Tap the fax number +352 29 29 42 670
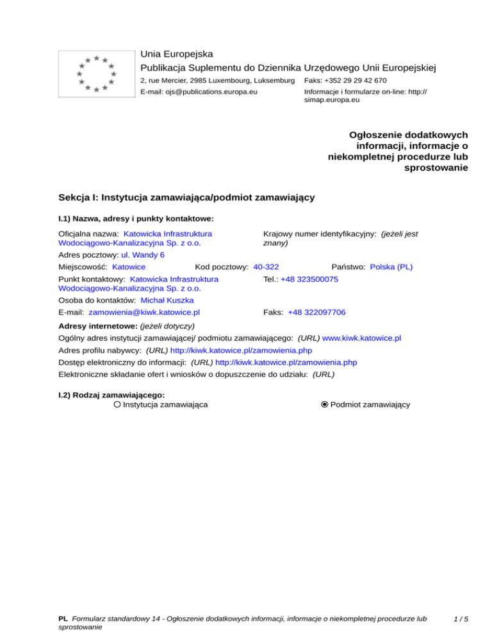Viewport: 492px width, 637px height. [345, 81]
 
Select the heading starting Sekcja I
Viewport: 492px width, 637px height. [186, 197]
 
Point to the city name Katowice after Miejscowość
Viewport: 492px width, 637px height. [128, 267]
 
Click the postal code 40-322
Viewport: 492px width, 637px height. [266, 267]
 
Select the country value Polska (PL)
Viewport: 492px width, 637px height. [391, 267]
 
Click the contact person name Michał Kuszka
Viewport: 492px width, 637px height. [167, 300]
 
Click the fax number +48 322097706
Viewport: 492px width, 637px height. [316, 312]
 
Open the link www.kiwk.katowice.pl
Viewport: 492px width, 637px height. [361, 337]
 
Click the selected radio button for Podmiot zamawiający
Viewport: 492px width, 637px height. [325, 404]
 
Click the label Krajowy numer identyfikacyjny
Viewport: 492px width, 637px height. [318, 235]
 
